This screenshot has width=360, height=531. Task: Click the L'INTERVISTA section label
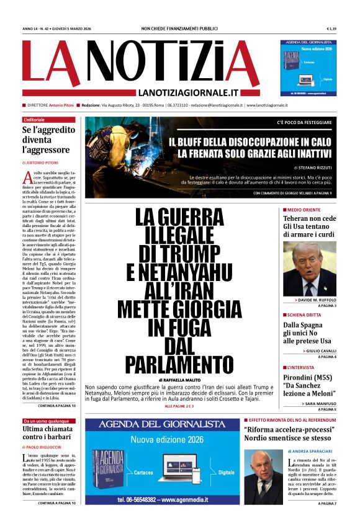click(x=302, y=368)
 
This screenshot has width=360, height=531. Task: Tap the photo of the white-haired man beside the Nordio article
click(x=262, y=475)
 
